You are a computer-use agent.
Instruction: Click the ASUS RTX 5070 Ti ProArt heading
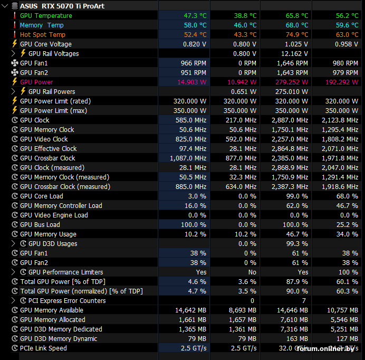pyautogui.click(x=62, y=6)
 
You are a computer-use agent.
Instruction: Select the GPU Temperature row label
pyautogui.click(x=46, y=16)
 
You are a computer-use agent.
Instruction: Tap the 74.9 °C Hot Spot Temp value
pyautogui.click(x=297, y=35)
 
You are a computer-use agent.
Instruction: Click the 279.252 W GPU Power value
pyautogui.click(x=292, y=82)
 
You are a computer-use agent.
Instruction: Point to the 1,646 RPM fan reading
pyautogui.click(x=292, y=63)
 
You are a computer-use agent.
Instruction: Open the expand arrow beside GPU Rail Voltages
pyautogui.click(x=13, y=54)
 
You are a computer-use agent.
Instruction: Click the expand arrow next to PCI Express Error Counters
pyautogui.click(x=13, y=300)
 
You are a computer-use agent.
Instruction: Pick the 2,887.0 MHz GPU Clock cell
pyautogui.click(x=290, y=120)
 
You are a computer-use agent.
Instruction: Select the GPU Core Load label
pyautogui.click(x=42, y=196)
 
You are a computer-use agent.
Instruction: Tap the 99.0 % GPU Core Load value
pyautogui.click(x=297, y=196)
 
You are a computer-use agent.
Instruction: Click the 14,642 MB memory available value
pyautogui.click(x=190, y=310)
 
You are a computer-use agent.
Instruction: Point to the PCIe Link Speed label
pyautogui.click(x=43, y=348)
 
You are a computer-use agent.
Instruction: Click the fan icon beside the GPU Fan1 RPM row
pyautogui.click(x=15, y=63)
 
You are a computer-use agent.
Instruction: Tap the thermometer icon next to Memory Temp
pyautogui.click(x=15, y=25)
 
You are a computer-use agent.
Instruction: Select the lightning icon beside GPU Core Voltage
pyautogui.click(x=15, y=44)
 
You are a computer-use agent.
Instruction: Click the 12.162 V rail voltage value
pyautogui.click(x=294, y=54)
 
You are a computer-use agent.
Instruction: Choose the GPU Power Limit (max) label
pyautogui.click(x=54, y=111)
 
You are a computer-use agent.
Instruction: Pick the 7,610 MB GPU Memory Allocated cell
pyautogui.click(x=294, y=320)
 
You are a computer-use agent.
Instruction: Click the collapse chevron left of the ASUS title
pyautogui.click(x=5, y=6)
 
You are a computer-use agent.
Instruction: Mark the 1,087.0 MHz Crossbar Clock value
pyautogui.click(x=188, y=158)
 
